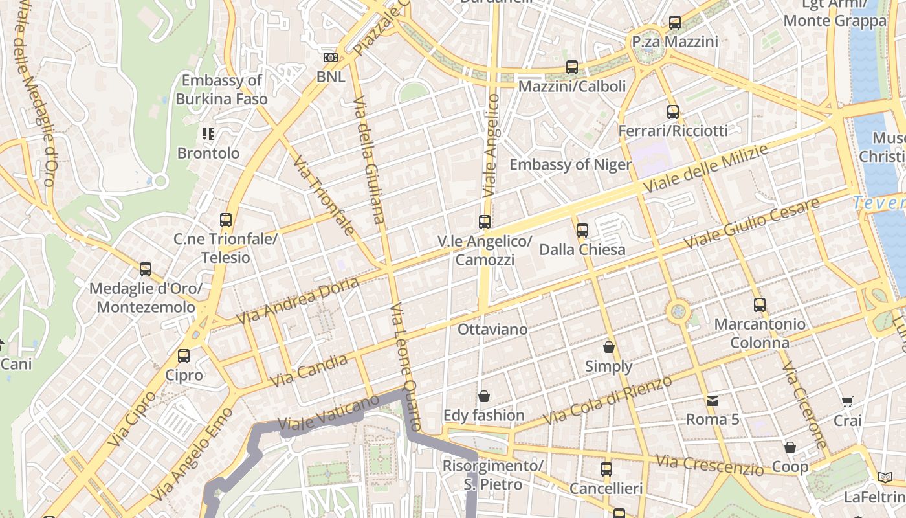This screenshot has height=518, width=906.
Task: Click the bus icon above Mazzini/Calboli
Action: pyautogui.click(x=571, y=67)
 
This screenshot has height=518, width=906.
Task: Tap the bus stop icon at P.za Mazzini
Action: pyautogui.click(x=675, y=23)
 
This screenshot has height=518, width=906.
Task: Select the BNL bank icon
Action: pyautogui.click(x=331, y=58)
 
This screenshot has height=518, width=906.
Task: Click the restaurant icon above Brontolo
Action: pyautogui.click(x=208, y=134)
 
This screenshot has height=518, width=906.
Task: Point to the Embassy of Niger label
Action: pyautogui.click(x=569, y=164)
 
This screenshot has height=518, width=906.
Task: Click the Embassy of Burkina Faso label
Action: pyautogui.click(x=221, y=90)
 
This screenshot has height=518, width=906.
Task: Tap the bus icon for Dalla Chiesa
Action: pyautogui.click(x=582, y=231)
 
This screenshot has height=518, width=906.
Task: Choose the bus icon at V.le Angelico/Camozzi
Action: pyautogui.click(x=485, y=222)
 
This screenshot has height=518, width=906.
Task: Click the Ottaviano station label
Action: pyautogui.click(x=492, y=330)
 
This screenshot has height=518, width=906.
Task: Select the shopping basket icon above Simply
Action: pyautogui.click(x=609, y=347)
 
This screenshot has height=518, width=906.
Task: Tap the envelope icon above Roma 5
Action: pyautogui.click(x=713, y=400)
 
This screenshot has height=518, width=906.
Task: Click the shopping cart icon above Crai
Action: pyautogui.click(x=847, y=402)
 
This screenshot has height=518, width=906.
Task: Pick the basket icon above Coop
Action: pyautogui.click(x=790, y=447)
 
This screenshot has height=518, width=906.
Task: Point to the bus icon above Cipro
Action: pyautogui.click(x=184, y=356)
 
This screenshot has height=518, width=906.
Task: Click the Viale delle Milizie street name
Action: pyautogui.click(x=705, y=168)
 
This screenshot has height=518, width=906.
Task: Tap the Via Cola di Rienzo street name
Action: pyautogui.click(x=608, y=401)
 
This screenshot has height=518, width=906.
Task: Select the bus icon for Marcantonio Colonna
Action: pyautogui.click(x=759, y=304)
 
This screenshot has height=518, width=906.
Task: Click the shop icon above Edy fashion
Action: pyautogui.click(x=483, y=396)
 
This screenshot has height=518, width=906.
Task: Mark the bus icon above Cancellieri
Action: pyautogui.click(x=606, y=469)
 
